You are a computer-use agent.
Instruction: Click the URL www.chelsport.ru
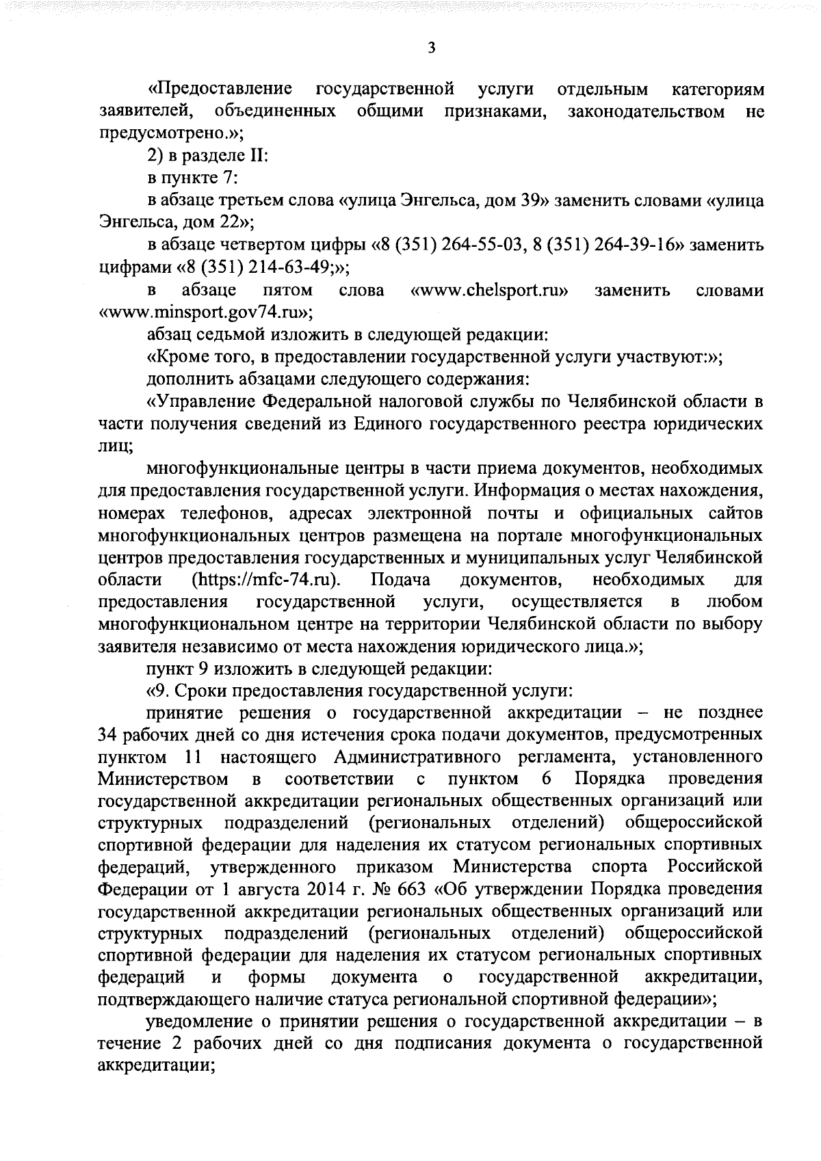pos(489,291)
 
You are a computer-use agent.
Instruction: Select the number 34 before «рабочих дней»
pos(109,735)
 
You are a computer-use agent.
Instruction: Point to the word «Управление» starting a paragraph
pos(205,401)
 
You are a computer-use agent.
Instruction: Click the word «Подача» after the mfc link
pos(400,580)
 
